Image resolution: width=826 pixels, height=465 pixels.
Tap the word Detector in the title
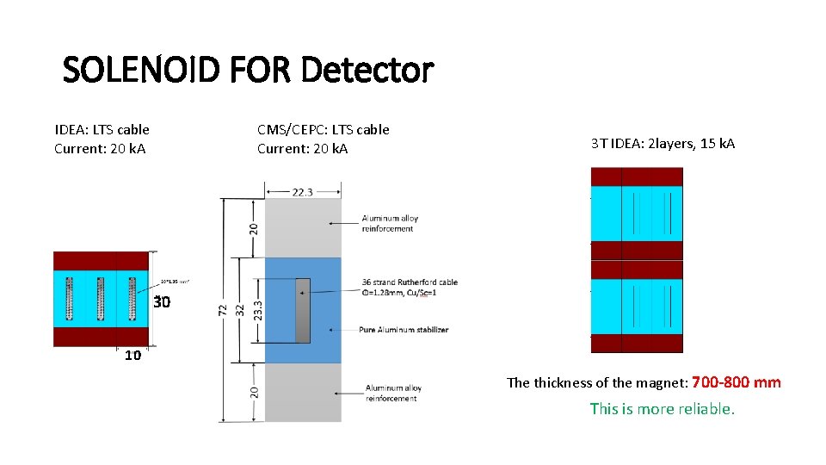[x=367, y=70]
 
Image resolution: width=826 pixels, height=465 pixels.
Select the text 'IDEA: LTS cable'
[x=102, y=130]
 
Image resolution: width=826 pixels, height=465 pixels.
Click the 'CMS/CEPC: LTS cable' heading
[x=323, y=130]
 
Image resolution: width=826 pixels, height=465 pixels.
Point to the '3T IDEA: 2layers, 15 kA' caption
[x=663, y=143]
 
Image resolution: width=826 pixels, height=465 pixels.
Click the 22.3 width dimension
[x=303, y=192]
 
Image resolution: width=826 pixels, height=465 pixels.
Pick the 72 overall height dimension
[x=223, y=307]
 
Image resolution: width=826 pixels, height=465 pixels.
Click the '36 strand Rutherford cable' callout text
[x=410, y=282]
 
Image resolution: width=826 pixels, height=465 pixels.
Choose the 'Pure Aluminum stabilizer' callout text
[x=404, y=330]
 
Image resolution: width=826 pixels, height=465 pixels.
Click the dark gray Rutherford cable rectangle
[x=302, y=310]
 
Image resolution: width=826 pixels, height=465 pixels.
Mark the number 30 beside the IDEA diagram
[x=162, y=302]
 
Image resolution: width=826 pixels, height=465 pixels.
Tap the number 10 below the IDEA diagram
[x=133, y=356]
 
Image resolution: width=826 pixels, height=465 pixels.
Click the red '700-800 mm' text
[x=736, y=382]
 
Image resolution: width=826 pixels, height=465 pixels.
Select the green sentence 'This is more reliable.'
[x=662, y=409]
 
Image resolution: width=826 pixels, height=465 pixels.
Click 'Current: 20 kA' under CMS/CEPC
[x=303, y=149]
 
